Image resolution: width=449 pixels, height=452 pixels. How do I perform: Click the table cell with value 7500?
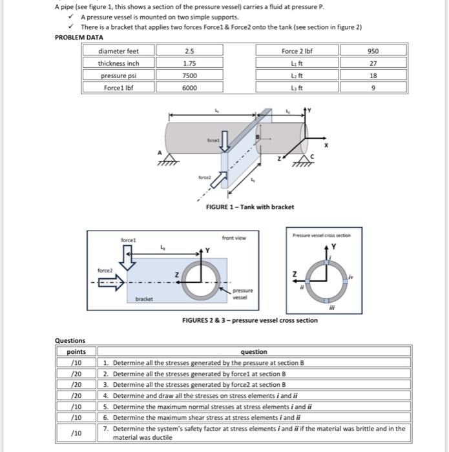pos(189,76)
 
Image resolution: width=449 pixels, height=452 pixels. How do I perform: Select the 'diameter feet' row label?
pos(118,51)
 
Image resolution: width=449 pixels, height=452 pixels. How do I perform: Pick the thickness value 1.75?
pos(189,63)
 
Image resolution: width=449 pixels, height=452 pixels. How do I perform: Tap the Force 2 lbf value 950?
pos(373,51)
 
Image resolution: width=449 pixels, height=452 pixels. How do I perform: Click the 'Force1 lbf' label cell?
pos(118,88)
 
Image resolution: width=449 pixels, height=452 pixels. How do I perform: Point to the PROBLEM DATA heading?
pos(79,38)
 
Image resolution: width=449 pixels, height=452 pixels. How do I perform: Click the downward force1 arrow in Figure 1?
pos(224,146)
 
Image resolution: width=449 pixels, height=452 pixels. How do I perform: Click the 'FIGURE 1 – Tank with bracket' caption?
pos(249,207)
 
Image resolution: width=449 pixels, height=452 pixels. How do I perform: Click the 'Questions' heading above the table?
pos(70,341)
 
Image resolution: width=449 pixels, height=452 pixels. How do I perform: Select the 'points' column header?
pos(76,352)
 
